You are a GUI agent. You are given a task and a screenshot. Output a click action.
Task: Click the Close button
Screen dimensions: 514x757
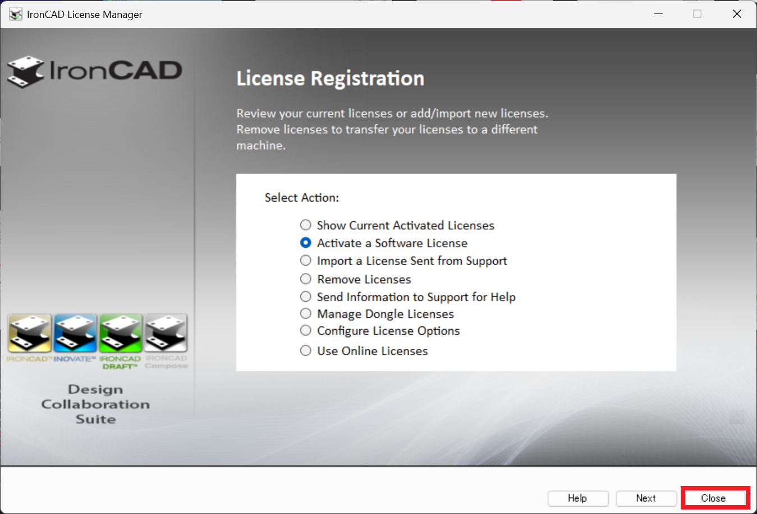[x=713, y=498]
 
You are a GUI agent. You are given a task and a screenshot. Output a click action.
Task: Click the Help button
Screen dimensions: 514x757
[x=577, y=498]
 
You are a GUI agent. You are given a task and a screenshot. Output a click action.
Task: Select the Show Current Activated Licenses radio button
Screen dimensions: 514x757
[x=306, y=225]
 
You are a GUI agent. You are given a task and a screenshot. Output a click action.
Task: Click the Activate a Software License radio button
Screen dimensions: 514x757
[x=306, y=243]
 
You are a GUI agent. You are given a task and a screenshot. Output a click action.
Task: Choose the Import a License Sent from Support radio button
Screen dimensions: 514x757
[x=306, y=261]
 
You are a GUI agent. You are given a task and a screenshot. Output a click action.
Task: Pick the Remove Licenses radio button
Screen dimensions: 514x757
[x=306, y=279]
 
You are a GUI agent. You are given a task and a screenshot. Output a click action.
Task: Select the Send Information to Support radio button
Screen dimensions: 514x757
[x=306, y=297]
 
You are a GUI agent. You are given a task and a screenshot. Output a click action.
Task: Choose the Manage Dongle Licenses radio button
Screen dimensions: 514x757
[x=306, y=313]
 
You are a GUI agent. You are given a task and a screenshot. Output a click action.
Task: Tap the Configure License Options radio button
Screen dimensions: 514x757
[x=306, y=330]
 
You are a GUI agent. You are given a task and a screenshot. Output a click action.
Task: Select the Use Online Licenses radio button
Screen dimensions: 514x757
[x=306, y=351]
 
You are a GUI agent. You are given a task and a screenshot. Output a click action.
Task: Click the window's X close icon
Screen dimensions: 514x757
[x=737, y=14]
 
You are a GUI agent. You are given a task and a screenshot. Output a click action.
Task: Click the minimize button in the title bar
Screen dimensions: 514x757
[x=659, y=14]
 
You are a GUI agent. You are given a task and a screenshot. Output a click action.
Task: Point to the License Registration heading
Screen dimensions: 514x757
[x=330, y=79]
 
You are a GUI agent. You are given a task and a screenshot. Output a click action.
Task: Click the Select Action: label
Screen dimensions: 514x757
[x=302, y=198]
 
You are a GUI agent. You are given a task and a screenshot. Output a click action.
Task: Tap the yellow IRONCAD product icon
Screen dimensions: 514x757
[x=30, y=333]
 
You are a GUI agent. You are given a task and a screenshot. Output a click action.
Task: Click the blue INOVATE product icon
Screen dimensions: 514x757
[x=75, y=333]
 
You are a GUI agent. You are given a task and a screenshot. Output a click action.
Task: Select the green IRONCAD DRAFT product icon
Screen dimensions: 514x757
[x=121, y=333]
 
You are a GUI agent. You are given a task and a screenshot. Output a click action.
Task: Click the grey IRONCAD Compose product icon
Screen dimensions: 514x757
[x=166, y=333]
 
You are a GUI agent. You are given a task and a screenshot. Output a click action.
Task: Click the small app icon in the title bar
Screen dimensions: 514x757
[x=16, y=14]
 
